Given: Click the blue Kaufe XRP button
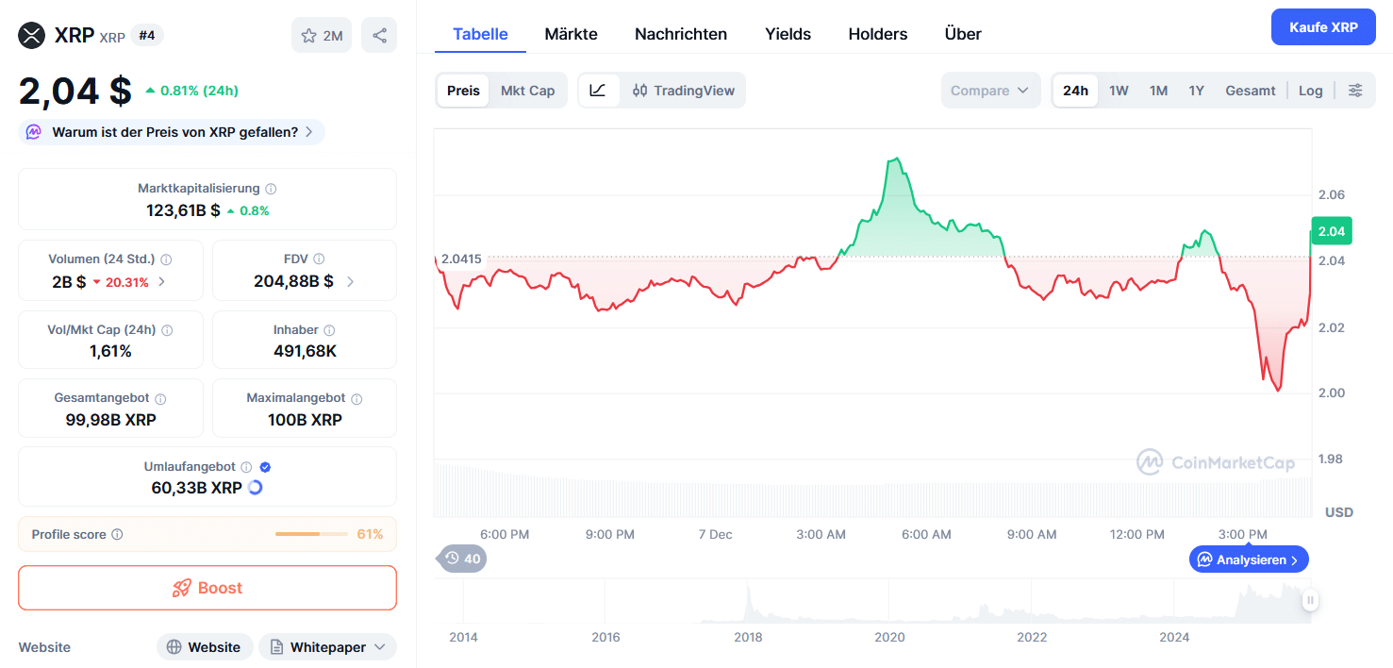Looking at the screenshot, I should point(1323,27).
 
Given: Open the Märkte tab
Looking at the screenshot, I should point(571,34).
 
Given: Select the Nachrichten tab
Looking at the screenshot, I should point(680,34).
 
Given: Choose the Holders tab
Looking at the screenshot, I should point(877,34).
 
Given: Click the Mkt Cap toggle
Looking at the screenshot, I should point(527,91).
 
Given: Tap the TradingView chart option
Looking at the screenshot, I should point(684,91).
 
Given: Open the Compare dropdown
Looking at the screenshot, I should point(989,91).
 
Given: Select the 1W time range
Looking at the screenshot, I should point(1119,91).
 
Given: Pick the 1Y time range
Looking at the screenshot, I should point(1196,91).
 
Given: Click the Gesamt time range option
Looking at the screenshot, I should point(1250,91).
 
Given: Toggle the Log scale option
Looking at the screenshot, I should point(1310,91).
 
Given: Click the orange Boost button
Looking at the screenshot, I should point(207,588).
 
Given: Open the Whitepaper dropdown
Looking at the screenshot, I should point(327,647).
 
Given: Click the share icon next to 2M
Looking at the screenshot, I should point(379,36).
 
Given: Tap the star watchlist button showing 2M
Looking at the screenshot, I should point(322,36).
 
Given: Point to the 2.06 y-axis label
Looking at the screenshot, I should point(1331,195).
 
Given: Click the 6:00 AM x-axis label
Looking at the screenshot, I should point(926,535).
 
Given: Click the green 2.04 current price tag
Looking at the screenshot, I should point(1331,231).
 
